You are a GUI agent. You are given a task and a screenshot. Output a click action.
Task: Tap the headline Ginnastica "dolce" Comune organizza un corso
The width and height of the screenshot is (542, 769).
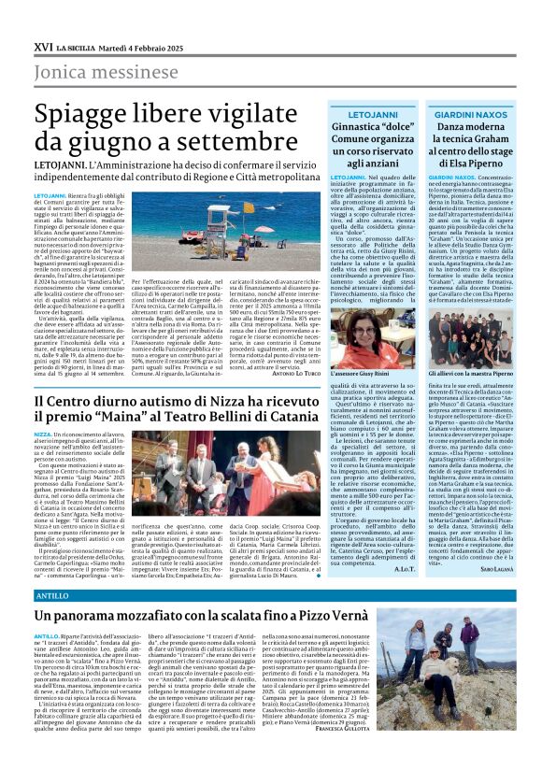(371, 142)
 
